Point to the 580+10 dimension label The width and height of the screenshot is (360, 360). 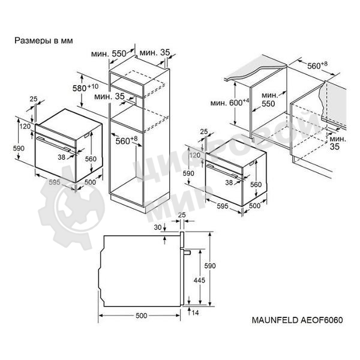pyautogui.click(x=85, y=88)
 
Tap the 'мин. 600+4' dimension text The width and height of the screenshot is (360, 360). pyautogui.click(x=229, y=103)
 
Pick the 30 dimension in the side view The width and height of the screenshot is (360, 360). pyautogui.click(x=158, y=227)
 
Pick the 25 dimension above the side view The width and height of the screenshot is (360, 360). pyautogui.click(x=181, y=214)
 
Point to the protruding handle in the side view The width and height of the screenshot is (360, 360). pyautogui.click(x=187, y=253)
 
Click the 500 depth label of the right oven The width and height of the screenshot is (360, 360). pyautogui.click(x=255, y=206)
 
